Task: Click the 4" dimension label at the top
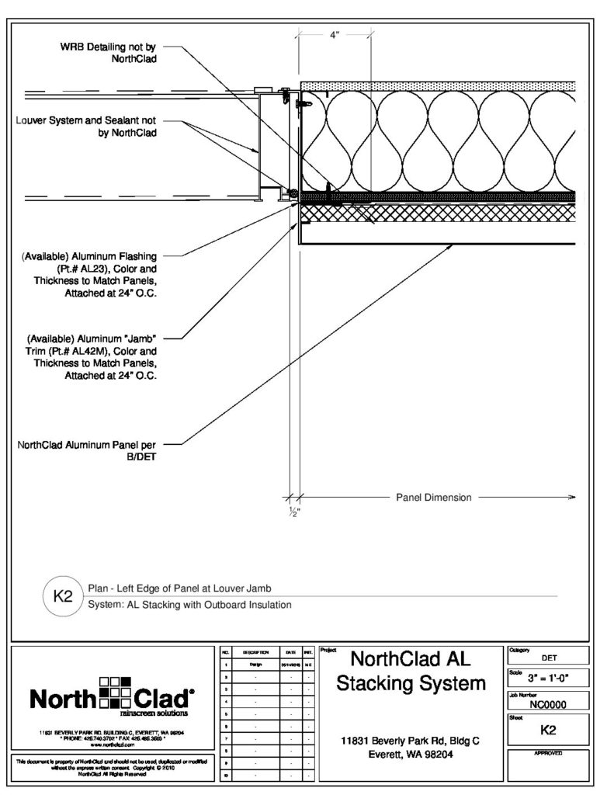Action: point(334,35)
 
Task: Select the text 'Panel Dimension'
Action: point(433,498)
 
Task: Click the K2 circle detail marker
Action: point(61,597)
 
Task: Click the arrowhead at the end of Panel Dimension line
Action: point(572,498)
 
